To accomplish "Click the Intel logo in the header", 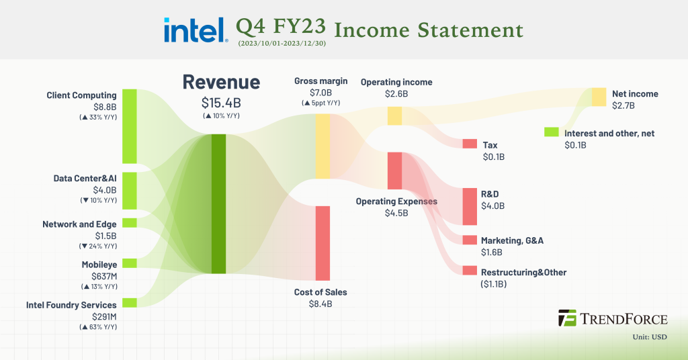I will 193,30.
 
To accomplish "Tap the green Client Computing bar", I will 130,126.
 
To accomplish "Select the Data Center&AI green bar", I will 130,191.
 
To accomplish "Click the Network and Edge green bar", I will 130,222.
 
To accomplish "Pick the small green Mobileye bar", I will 130,263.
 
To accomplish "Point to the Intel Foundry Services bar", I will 130,302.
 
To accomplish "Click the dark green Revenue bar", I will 218,204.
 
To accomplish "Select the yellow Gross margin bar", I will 323,146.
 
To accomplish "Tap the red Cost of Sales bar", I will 323,242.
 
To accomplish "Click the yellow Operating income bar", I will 394,116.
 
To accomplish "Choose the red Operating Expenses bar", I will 394,171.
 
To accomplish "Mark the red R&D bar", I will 470,206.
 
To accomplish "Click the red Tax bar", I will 470,144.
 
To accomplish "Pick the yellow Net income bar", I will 599,97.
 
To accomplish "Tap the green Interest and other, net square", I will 552,132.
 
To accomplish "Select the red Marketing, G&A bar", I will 470,240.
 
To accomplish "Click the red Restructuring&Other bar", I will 470,271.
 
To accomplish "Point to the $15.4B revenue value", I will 221,103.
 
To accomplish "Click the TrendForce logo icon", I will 568,318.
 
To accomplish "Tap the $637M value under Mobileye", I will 104,275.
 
